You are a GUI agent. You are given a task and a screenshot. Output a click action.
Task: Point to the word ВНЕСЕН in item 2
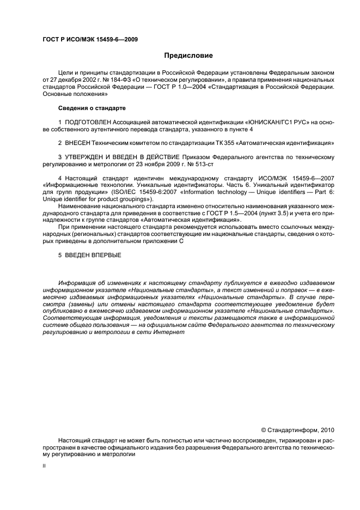[77, 142]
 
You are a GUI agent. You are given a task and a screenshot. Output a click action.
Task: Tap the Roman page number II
[45, 466]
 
